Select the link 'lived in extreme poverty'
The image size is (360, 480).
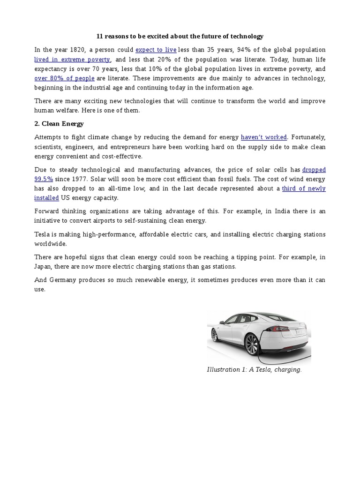(x=72, y=60)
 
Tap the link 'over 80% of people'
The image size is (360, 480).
(x=64, y=78)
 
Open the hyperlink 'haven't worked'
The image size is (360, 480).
(x=263, y=137)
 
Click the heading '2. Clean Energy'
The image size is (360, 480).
(x=59, y=124)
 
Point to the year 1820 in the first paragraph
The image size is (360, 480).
(x=79, y=50)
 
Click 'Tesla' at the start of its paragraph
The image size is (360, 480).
(x=42, y=234)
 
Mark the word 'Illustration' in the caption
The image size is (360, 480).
(x=224, y=370)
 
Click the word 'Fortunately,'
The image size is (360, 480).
(x=308, y=137)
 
